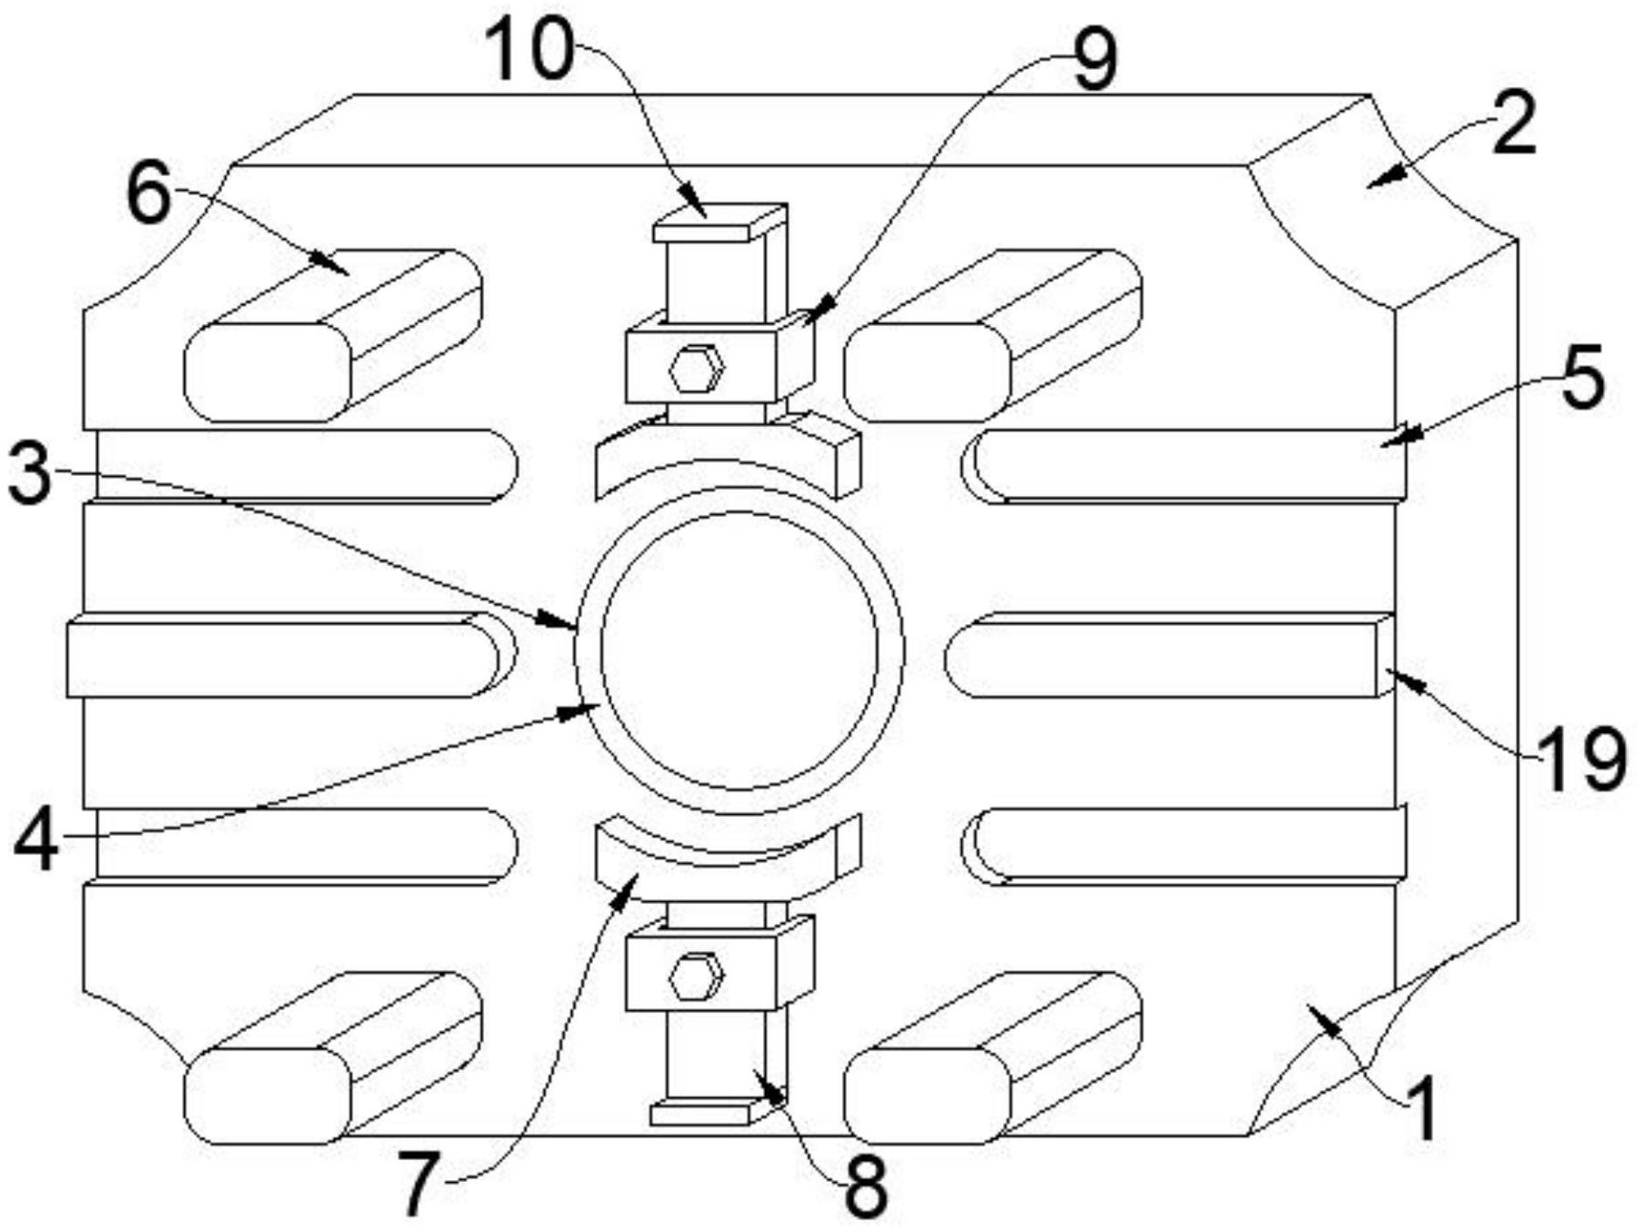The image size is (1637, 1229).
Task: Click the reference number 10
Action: pos(529,51)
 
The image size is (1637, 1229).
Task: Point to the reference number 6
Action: pos(149,194)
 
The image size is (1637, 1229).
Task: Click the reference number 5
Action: pos(1581,377)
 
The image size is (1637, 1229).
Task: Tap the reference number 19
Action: pos(1580,757)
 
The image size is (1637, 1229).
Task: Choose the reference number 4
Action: pos(36,841)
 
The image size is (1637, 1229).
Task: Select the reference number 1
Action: pos(1421,1108)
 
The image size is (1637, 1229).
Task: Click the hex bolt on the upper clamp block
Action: pos(696,370)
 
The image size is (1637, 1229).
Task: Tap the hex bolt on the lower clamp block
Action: pos(696,976)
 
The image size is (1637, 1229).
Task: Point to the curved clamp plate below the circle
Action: pos(726,859)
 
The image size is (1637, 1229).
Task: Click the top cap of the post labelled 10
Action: pos(719,223)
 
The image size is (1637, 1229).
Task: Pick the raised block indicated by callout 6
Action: pos(331,336)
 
